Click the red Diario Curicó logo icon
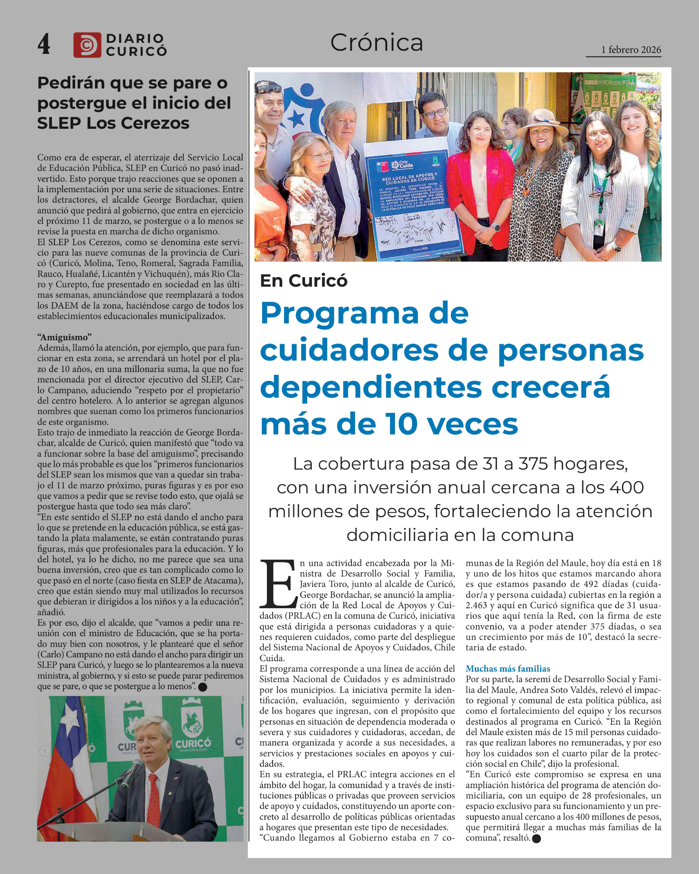coord(87,45)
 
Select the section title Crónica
coord(376,43)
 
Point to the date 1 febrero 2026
coord(631,50)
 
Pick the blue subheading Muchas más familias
coord(508,669)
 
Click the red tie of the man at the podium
coord(154,799)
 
